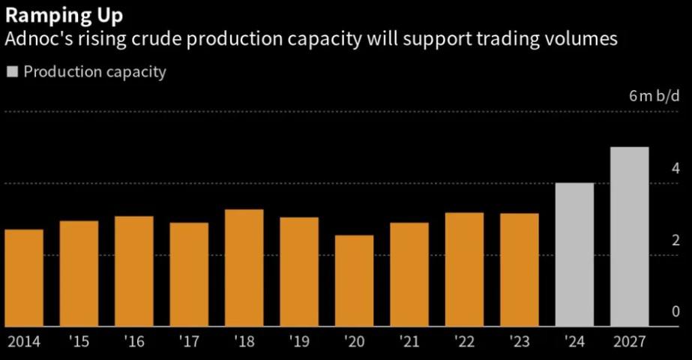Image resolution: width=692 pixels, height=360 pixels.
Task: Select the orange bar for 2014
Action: tap(24, 277)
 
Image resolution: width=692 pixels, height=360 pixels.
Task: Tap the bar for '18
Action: tap(244, 268)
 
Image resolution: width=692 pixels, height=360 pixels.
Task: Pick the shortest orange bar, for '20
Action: tap(354, 280)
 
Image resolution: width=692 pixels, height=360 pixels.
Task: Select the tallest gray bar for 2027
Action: tap(629, 236)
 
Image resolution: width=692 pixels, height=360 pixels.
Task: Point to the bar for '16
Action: tap(134, 271)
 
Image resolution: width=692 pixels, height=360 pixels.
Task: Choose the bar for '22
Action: tap(464, 269)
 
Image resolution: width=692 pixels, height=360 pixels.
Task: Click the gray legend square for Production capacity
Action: tap(12, 72)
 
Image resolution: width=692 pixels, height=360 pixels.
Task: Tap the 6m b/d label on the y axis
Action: tap(655, 96)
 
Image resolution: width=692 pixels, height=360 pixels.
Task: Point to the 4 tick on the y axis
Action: tap(676, 168)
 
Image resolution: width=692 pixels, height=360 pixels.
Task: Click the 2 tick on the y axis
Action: tap(676, 240)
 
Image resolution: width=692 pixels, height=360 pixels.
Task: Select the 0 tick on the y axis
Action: tap(676, 312)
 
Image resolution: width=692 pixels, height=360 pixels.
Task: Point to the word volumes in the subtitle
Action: tap(578, 40)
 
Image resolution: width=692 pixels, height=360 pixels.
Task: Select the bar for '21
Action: tap(409, 274)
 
